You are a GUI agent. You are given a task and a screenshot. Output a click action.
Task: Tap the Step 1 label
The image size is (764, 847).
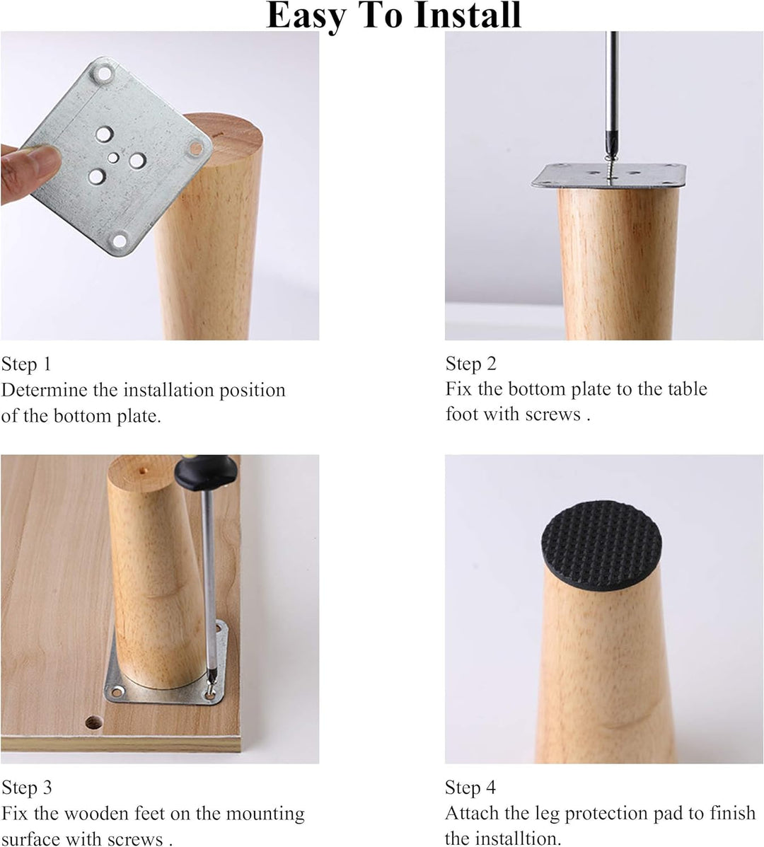tap(26, 364)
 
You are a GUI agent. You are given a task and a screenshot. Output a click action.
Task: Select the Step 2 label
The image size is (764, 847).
tap(471, 364)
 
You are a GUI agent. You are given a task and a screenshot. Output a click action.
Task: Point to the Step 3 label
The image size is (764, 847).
tap(26, 788)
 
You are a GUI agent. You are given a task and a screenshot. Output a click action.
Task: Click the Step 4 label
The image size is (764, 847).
tap(470, 788)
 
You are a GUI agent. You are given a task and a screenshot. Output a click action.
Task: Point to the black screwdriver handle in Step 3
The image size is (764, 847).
tap(206, 472)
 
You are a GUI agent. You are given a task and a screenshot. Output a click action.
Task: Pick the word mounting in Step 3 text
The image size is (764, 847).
tap(264, 814)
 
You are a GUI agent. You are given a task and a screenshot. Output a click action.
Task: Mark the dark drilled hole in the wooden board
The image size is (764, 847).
tap(93, 723)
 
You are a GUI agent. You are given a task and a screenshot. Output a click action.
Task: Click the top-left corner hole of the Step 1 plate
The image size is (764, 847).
tap(104, 73)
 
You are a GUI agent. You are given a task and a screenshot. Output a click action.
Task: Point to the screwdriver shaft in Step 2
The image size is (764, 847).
tap(613, 92)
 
